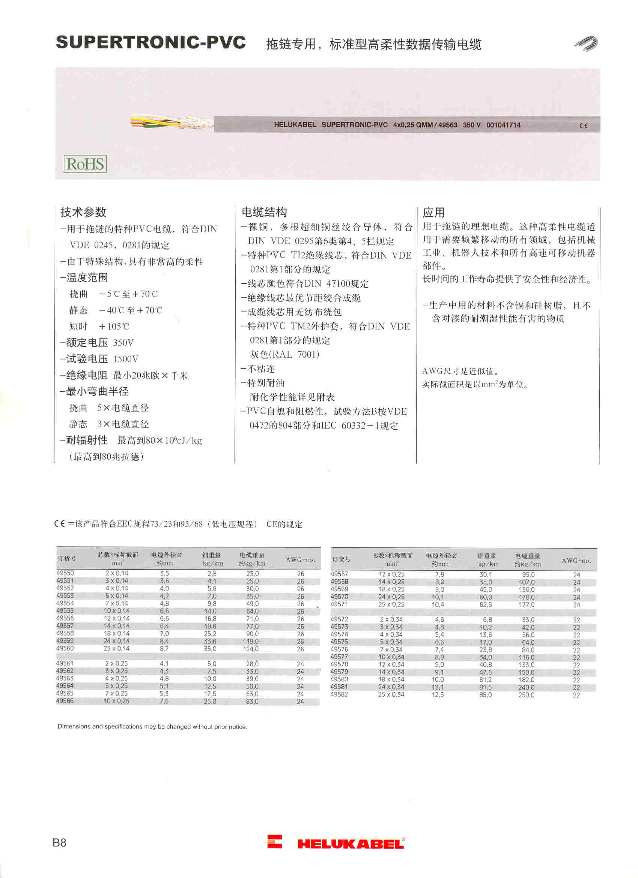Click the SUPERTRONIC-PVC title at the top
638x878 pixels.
click(150, 42)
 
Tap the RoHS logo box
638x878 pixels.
click(85, 164)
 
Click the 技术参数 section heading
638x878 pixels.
click(83, 212)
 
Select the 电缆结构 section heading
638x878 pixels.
click(265, 212)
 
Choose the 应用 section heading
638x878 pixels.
click(433, 212)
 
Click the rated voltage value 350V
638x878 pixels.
click(123, 343)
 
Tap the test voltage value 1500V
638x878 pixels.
click(125, 359)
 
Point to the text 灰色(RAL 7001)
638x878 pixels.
click(284, 355)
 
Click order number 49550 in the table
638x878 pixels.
click(65, 573)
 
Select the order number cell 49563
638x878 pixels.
click(65, 678)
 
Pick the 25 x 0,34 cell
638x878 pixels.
click(391, 695)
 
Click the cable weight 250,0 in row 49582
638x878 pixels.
click(527, 695)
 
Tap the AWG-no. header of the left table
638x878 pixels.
click(300, 560)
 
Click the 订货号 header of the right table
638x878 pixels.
click(341, 559)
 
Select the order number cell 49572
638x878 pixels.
click(339, 619)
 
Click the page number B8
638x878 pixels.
click(59, 843)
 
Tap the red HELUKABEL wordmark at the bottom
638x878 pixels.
click(351, 844)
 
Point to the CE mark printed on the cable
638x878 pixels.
click(584, 125)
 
